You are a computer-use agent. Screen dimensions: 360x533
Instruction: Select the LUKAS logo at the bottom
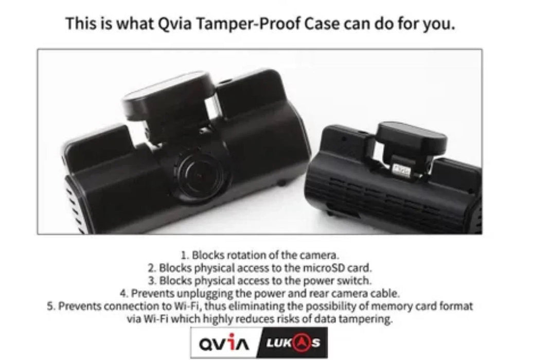pyautogui.click(x=293, y=343)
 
